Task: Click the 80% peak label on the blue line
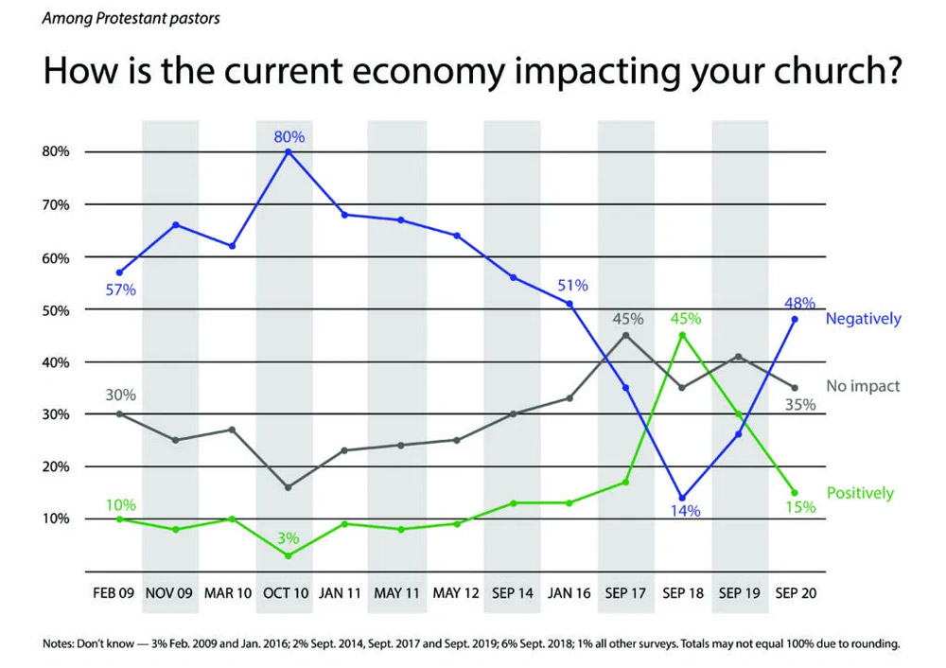(x=289, y=137)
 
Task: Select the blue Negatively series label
(x=863, y=319)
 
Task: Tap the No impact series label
(x=863, y=386)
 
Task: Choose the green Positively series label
(x=860, y=493)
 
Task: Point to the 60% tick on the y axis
(x=56, y=257)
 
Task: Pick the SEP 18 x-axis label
(x=681, y=593)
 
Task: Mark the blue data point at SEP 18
(x=682, y=498)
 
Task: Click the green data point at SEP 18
(x=682, y=335)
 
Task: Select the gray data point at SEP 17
(x=626, y=335)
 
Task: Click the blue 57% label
(x=121, y=290)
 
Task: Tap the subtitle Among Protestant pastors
(x=131, y=19)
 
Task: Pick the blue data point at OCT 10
(x=289, y=151)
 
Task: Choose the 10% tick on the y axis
(x=56, y=519)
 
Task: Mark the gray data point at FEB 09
(x=119, y=413)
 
